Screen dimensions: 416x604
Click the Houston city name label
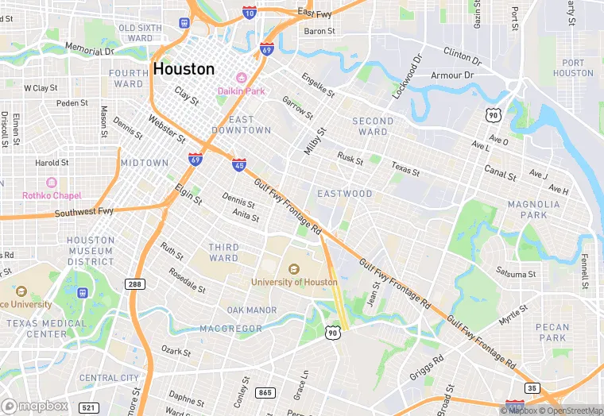pos(184,69)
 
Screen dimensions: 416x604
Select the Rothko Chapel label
pos(52,196)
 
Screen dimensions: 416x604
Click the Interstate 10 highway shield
pos(250,13)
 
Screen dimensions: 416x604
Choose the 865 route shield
pos(265,393)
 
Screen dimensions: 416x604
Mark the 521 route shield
pos(89,407)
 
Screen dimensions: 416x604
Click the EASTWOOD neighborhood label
pos(344,194)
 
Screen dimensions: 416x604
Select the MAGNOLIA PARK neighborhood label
pos(533,210)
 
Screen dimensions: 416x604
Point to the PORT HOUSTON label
pos(572,68)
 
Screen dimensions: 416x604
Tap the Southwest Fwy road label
pos(84,213)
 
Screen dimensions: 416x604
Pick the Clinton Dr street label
pos(462,55)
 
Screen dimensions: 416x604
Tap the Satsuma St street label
pos(517,274)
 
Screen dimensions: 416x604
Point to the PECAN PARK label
pos(552,332)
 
